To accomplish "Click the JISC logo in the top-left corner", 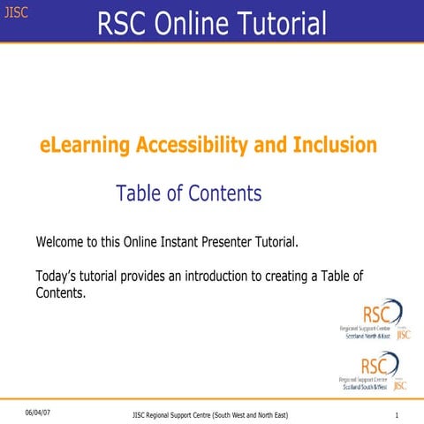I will click(16, 12).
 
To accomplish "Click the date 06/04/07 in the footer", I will click(39, 413).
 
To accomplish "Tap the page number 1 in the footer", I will click(398, 414).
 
